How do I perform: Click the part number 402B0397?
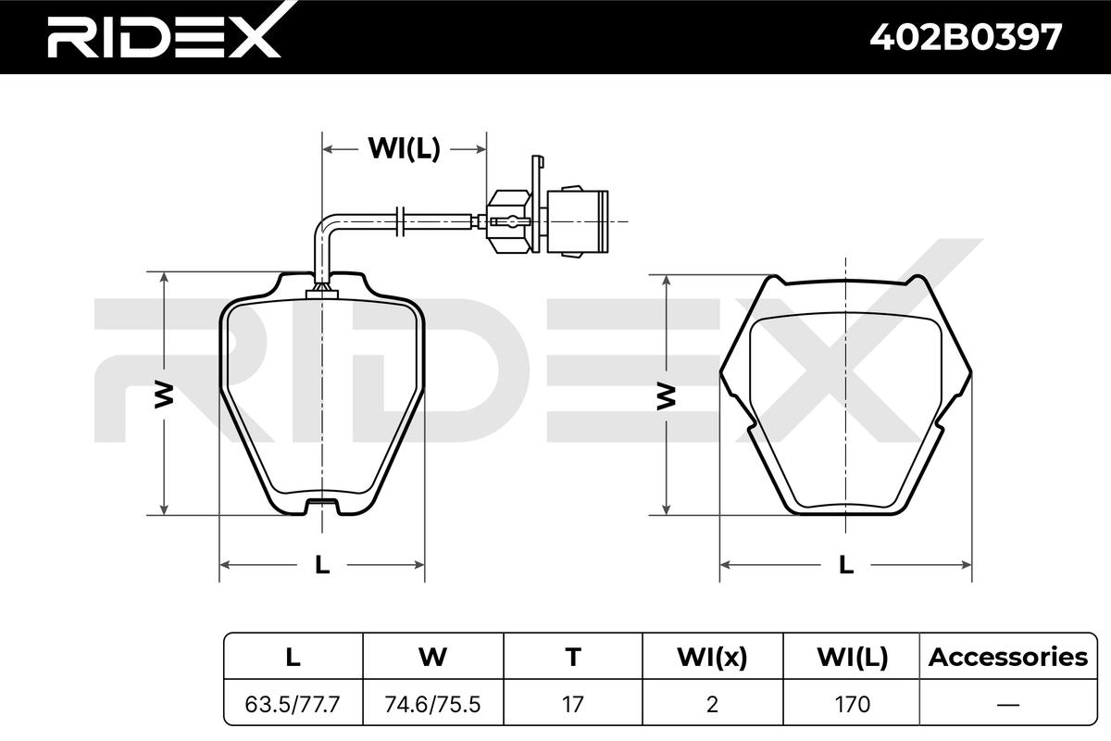coord(966,38)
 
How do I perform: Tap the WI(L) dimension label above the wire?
coord(404,148)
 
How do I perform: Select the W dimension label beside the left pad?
coord(164,395)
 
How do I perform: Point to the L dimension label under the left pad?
coord(322,565)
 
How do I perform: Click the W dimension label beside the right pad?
coord(666,396)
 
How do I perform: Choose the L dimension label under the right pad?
coord(846,565)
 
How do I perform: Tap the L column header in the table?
coord(293,657)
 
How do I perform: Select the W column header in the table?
coord(433,657)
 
